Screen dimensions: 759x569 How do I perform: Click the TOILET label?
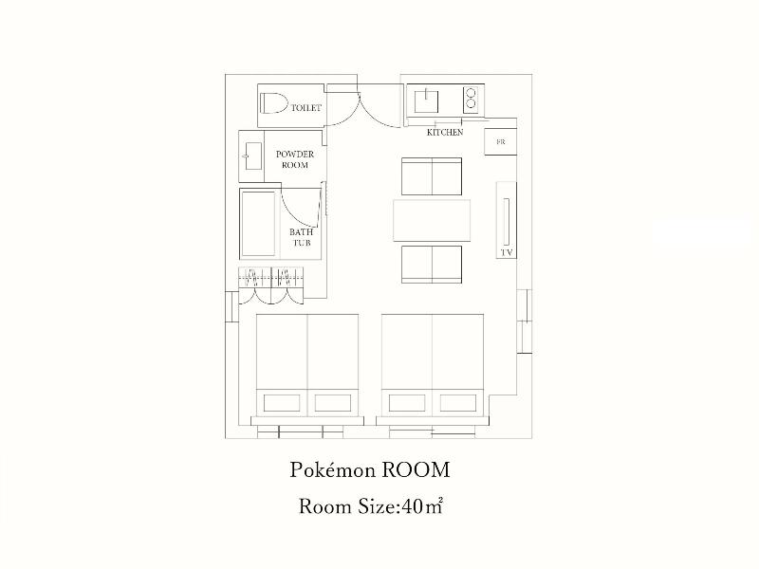[305, 107]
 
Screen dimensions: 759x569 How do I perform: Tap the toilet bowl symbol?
[273, 103]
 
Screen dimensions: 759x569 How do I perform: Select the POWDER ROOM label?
[295, 159]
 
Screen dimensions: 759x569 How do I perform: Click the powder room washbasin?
[253, 156]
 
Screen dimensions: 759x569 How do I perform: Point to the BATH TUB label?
[301, 238]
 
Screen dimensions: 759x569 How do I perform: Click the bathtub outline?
[258, 224]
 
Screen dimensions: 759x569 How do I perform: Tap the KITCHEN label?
[445, 132]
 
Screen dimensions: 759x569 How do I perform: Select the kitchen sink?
[426, 101]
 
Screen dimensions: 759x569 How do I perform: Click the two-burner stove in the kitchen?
[471, 101]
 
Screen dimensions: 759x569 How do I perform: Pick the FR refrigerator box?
[501, 141]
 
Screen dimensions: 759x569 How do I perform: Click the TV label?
[507, 252]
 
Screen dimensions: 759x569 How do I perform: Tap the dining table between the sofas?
[432, 220]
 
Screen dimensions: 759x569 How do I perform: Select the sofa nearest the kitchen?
[432, 176]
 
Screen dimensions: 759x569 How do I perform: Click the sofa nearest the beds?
[432, 265]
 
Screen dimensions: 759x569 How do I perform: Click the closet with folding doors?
[271, 285]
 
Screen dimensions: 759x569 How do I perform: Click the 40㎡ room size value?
[422, 506]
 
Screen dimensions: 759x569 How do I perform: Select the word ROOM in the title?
[417, 470]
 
